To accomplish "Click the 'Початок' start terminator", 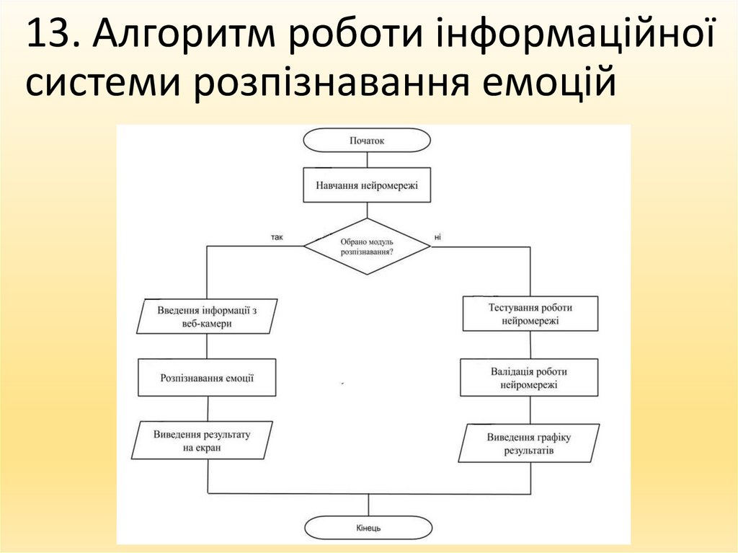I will click(367, 141).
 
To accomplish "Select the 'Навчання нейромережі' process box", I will click(367, 186).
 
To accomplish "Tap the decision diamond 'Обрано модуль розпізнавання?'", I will click(367, 247).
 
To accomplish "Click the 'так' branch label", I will click(277, 236).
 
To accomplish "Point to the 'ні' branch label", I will click(437, 236).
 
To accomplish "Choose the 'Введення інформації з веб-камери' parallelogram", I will click(207, 317).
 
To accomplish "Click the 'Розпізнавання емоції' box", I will click(207, 377).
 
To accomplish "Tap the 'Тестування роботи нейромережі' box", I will click(530, 314).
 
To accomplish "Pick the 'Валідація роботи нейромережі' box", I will click(530, 378).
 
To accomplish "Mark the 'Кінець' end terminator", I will click(368, 527).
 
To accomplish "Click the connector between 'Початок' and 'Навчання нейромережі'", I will click(367, 161).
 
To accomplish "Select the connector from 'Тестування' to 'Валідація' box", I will click(530, 346).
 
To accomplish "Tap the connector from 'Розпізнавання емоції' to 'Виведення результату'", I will click(207, 408).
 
